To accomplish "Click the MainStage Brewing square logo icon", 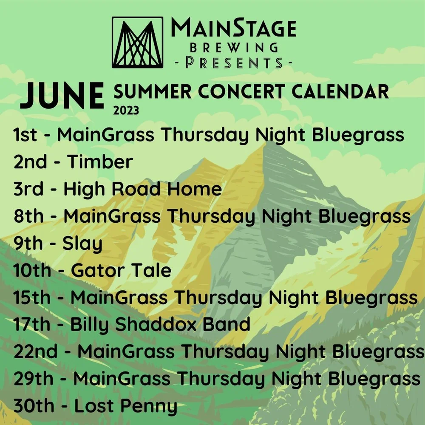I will [137, 42].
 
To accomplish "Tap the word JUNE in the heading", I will [62, 96].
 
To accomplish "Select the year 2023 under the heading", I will [126, 111].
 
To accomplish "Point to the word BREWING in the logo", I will [234, 47].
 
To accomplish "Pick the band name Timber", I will [100, 162].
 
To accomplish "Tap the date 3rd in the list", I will [28, 189].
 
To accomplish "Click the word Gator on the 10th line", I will [95, 270].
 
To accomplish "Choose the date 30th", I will [34, 406].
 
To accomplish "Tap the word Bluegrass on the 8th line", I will [365, 216].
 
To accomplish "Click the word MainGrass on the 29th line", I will [127, 379].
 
